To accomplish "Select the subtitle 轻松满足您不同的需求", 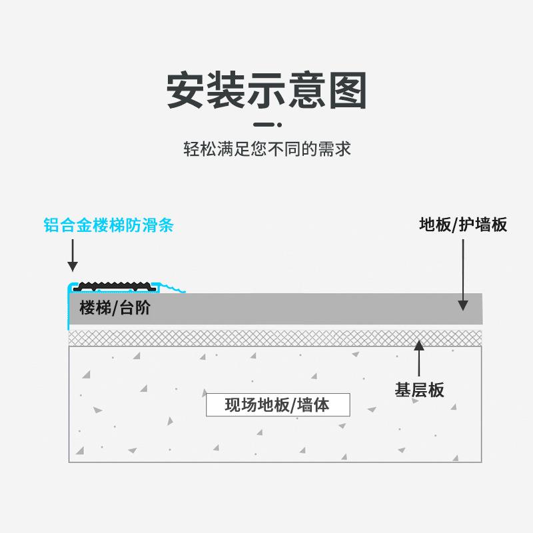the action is pos(266,148).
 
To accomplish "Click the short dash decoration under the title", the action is pos(266,125).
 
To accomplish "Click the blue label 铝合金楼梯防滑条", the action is pos(109,225).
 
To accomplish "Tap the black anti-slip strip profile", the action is pos(115,287).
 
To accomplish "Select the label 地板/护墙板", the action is pos(463,225).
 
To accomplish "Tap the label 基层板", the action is pos(419,390).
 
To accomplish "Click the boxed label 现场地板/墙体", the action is pos(277,404).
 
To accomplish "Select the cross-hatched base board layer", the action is pos(266,337).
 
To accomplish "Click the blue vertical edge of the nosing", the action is pos(68,310).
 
